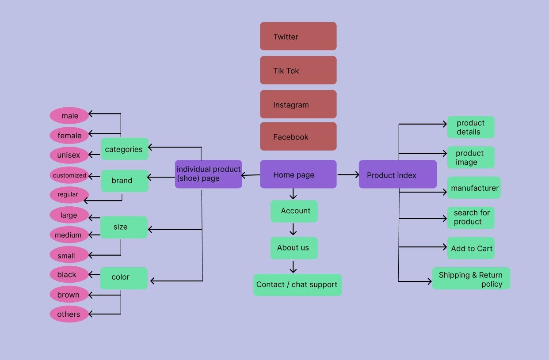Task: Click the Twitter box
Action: (x=298, y=36)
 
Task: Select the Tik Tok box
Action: (x=298, y=70)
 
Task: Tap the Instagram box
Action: (x=298, y=104)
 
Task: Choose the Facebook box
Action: (x=298, y=136)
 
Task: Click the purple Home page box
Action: (x=298, y=174)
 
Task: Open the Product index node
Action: (x=397, y=174)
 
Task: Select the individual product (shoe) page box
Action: (x=208, y=174)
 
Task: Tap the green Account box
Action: (x=294, y=211)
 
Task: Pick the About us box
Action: (x=294, y=248)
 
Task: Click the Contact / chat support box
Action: (x=297, y=285)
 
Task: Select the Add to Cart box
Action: (x=471, y=248)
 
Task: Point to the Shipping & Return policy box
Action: (x=471, y=279)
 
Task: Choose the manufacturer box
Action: (x=474, y=188)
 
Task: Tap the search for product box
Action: (x=471, y=218)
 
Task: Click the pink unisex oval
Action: (x=69, y=155)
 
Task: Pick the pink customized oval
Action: (x=69, y=175)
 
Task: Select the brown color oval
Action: (x=69, y=295)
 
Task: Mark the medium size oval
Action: (x=69, y=235)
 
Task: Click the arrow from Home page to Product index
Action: (x=348, y=174)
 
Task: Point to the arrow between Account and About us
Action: (x=293, y=229)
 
